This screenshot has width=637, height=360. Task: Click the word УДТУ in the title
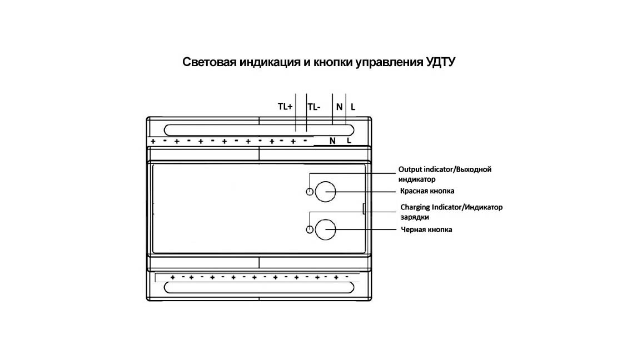(440, 62)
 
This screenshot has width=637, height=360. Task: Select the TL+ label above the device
(285, 106)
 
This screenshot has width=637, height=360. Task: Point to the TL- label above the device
(314, 107)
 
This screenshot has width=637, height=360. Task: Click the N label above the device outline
(339, 107)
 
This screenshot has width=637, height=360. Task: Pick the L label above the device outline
(353, 107)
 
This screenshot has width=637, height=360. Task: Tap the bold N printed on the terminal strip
(332, 141)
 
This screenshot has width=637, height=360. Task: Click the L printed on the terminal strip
(349, 141)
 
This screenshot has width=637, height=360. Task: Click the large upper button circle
(325, 192)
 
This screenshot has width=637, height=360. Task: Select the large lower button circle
(325, 229)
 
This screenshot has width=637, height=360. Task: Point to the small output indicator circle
(310, 192)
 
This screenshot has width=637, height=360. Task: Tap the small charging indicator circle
(310, 229)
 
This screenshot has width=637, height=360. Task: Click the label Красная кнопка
(427, 191)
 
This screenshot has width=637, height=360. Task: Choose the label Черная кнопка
(426, 229)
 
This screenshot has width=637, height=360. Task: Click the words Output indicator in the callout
(426, 169)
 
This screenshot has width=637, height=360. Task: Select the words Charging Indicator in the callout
(431, 207)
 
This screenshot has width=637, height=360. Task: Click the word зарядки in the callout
(415, 217)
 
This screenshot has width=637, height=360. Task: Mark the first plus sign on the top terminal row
(153, 142)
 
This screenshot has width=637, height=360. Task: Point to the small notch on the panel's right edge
(364, 209)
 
